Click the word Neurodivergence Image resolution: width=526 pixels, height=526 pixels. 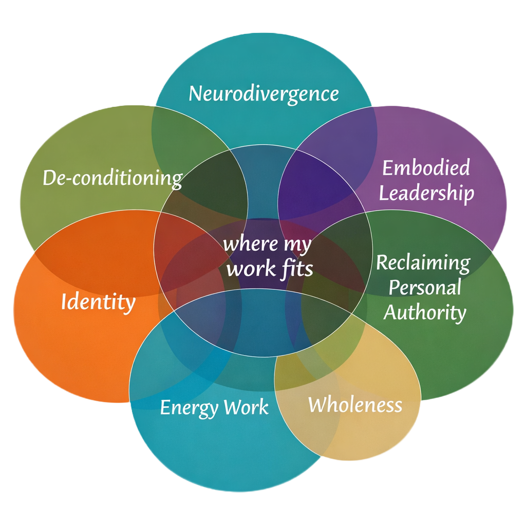tap(264, 95)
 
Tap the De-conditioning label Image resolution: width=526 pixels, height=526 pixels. tap(112, 178)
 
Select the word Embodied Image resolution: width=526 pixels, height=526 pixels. tap(426, 167)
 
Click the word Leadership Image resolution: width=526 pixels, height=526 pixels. tap(426, 194)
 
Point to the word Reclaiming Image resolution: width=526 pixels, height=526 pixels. tap(423, 262)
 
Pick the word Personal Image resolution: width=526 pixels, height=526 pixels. tap(425, 288)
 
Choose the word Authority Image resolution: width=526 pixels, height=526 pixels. tap(425, 313)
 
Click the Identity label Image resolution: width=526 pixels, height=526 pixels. tap(98, 302)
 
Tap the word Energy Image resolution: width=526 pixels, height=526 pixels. tap(189, 408)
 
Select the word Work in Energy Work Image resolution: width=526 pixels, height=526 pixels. tap(246, 407)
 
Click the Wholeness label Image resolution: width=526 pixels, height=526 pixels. tap(355, 405)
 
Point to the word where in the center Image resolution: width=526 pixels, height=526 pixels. tap(251, 243)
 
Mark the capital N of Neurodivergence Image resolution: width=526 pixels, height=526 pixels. tap(196, 93)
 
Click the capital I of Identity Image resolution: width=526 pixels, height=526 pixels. tap(64, 301)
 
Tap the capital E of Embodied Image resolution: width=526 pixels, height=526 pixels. tap(387, 167)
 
